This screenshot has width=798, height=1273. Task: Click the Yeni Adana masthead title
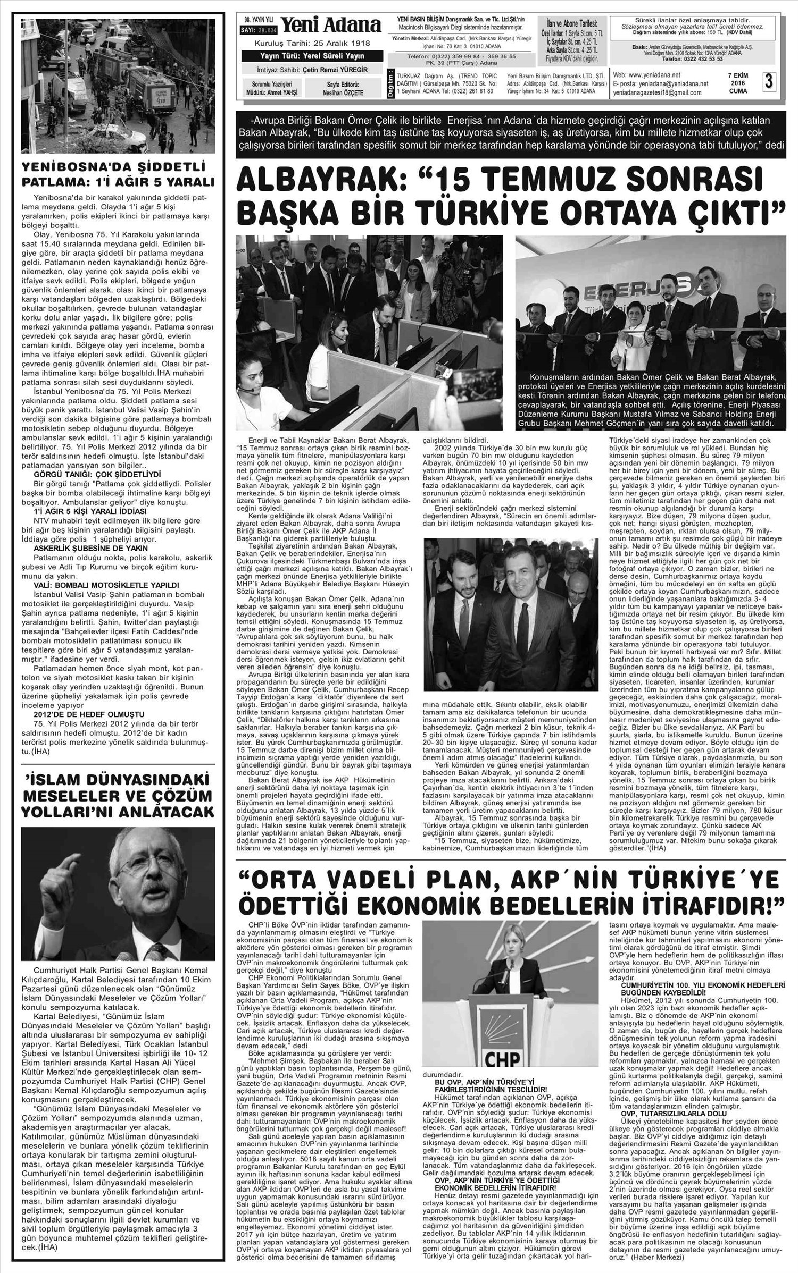330,26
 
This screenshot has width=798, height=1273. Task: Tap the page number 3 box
769,82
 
